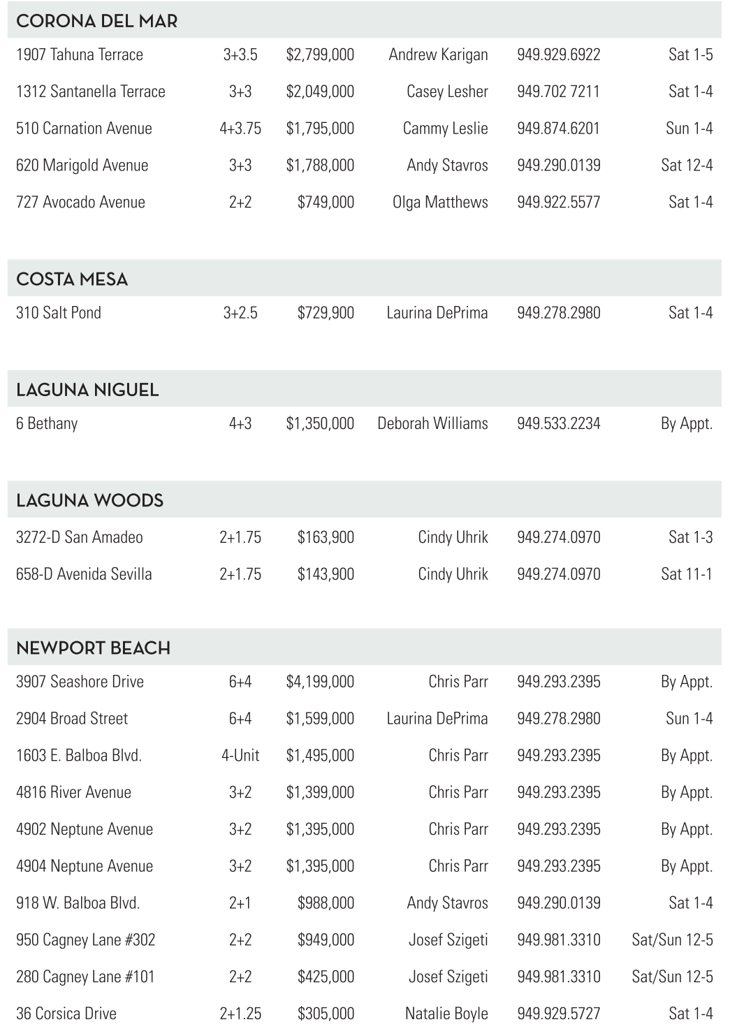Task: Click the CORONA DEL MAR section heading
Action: (x=96, y=21)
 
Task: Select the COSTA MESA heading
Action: (x=72, y=279)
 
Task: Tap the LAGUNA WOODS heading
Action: (x=89, y=500)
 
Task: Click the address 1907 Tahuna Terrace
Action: (x=80, y=54)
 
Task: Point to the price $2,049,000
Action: (x=320, y=92)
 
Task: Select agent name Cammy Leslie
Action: (x=445, y=129)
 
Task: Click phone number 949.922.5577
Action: (x=558, y=203)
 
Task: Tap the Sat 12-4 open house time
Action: (x=687, y=166)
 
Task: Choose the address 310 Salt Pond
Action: (x=59, y=313)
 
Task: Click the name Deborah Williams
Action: (x=432, y=423)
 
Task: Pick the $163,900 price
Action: (x=326, y=537)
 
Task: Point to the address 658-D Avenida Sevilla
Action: (x=84, y=574)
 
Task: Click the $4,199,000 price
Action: (x=320, y=682)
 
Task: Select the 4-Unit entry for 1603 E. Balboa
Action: (x=240, y=756)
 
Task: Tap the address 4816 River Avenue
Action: (x=73, y=793)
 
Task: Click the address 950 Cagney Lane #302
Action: (x=85, y=940)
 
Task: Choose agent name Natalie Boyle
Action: (x=446, y=1014)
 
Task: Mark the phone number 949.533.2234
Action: (x=558, y=423)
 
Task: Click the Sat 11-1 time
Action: (x=687, y=574)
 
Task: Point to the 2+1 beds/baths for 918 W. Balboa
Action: (x=240, y=903)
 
